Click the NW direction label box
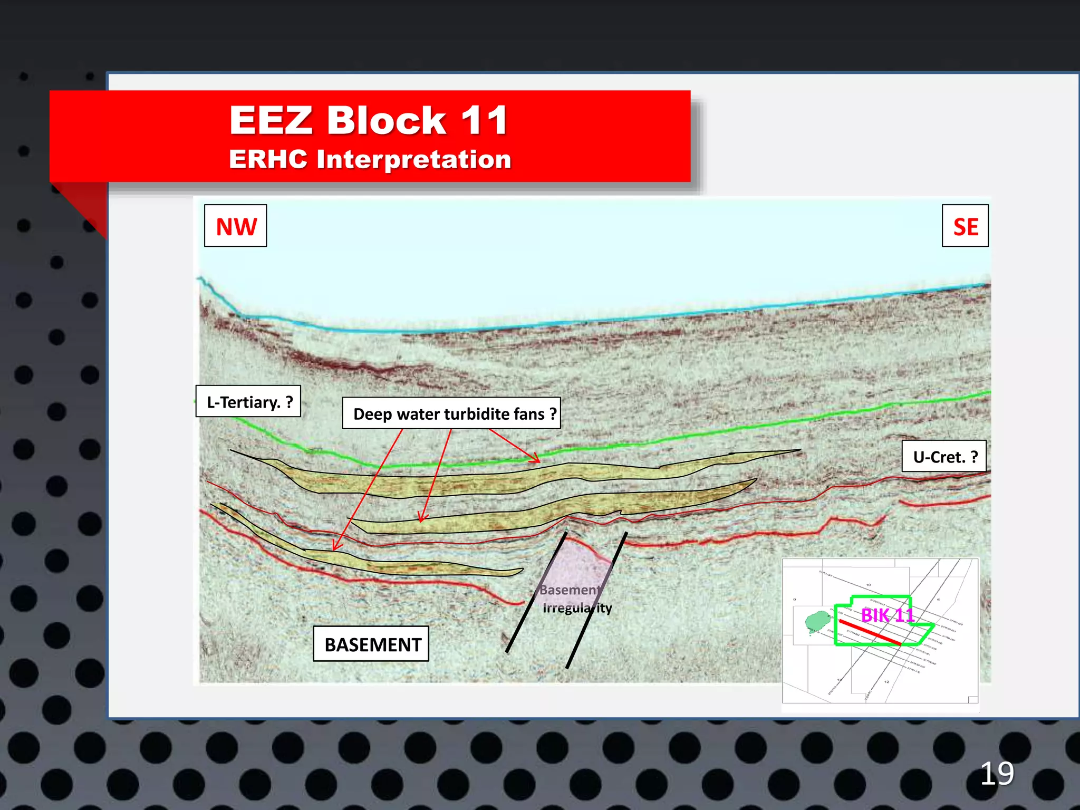(x=236, y=226)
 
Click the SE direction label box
(x=965, y=226)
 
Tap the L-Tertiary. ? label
(x=248, y=402)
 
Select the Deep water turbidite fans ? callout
(x=451, y=413)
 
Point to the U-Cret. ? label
(x=944, y=456)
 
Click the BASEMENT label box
(x=371, y=644)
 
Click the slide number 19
(x=996, y=774)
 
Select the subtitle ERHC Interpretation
(x=370, y=159)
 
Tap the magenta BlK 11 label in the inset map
(x=887, y=615)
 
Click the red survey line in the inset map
(x=870, y=633)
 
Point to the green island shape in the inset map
(x=817, y=621)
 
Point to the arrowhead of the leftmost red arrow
(x=335, y=547)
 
